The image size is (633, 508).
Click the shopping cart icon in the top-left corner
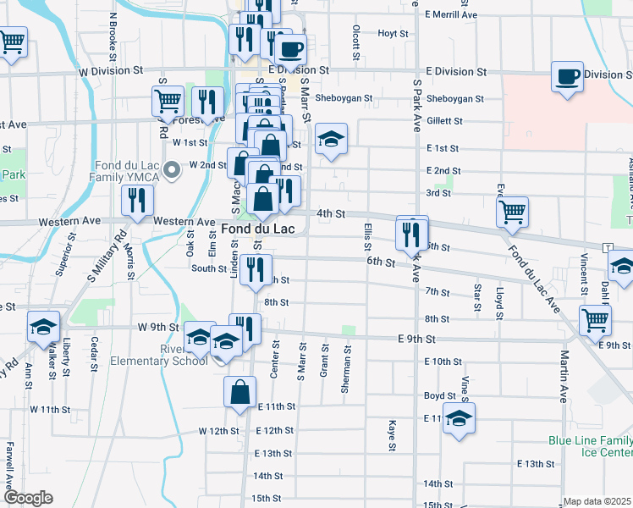12,41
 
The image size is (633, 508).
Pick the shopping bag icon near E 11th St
240,393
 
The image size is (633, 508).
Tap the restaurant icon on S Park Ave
412,233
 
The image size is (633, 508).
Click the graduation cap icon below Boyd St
459,419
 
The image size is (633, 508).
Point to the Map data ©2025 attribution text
597,501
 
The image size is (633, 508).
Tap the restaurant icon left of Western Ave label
135,201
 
